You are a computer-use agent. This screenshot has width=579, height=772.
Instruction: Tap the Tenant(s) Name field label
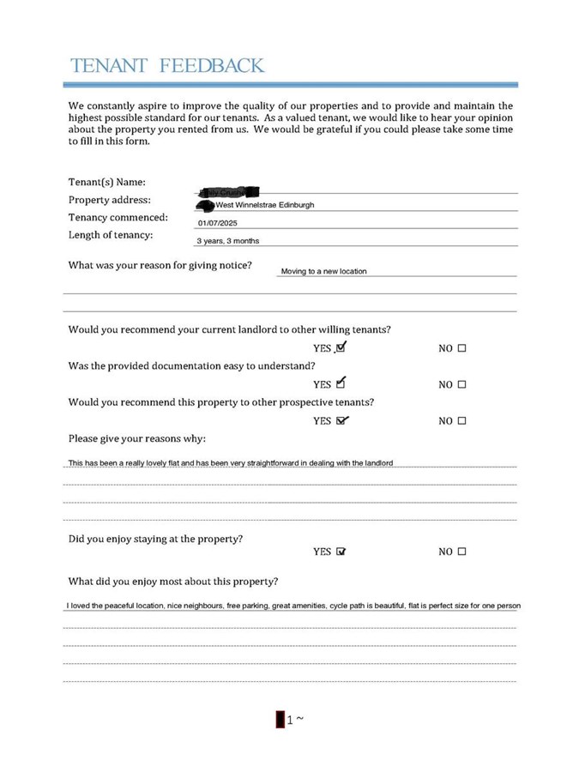coord(106,182)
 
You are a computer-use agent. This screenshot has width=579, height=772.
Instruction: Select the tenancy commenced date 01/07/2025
coord(215,223)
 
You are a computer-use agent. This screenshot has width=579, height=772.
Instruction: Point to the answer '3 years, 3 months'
coord(228,241)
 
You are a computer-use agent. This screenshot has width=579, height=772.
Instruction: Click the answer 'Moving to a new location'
coord(323,271)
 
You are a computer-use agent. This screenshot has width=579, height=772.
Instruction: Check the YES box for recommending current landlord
coord(341,348)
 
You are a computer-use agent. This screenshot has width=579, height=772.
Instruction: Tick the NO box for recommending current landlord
coord(461,349)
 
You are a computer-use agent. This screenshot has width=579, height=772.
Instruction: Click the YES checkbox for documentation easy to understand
coord(341,383)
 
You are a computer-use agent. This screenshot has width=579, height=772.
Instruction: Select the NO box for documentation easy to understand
coord(461,385)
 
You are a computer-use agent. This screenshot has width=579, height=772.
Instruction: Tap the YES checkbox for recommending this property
coord(341,420)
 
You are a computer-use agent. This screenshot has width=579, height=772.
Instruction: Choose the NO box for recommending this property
coord(461,421)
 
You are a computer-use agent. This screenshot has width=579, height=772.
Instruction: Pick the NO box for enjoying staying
coord(461,552)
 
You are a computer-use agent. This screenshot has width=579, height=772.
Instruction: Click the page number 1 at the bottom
coord(290,720)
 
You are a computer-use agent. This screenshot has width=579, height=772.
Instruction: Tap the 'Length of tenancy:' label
coord(111,235)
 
